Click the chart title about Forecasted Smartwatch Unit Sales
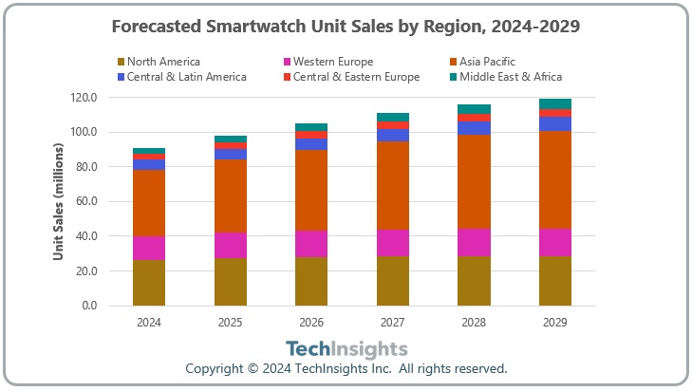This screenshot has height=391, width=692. coord(346,27)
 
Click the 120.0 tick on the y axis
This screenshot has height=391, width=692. coord(84,97)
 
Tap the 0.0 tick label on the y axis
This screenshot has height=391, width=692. coord(90,306)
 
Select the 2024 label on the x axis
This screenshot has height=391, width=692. coord(149,323)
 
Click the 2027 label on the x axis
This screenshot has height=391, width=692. coord(393,323)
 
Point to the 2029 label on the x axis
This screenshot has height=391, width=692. coord(555,323)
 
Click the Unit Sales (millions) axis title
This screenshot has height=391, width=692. coord(58,201)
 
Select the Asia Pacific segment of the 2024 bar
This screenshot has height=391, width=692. coord(149,203)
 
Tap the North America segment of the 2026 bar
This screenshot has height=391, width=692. coord(311,281)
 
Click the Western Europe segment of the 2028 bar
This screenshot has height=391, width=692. coord(474,242)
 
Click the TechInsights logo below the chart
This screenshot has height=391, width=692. coord(346,349)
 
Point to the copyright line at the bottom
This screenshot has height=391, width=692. coord(346,368)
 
